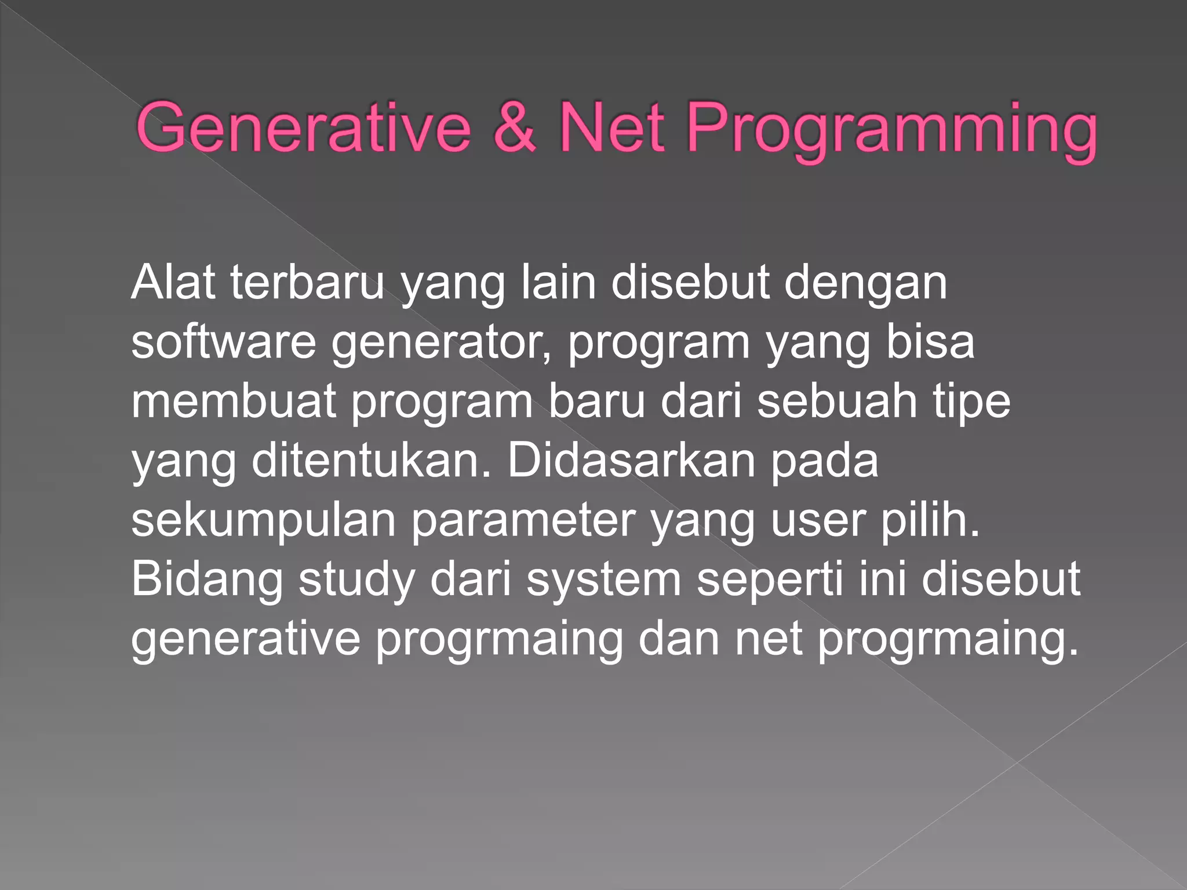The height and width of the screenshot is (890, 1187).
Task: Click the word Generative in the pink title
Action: point(303,127)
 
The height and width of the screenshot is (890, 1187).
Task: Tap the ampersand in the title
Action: point(514,127)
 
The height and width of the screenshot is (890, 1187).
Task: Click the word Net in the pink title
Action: point(612,127)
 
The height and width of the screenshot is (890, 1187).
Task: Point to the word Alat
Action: point(173,282)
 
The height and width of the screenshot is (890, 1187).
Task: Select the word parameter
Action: point(523,521)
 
